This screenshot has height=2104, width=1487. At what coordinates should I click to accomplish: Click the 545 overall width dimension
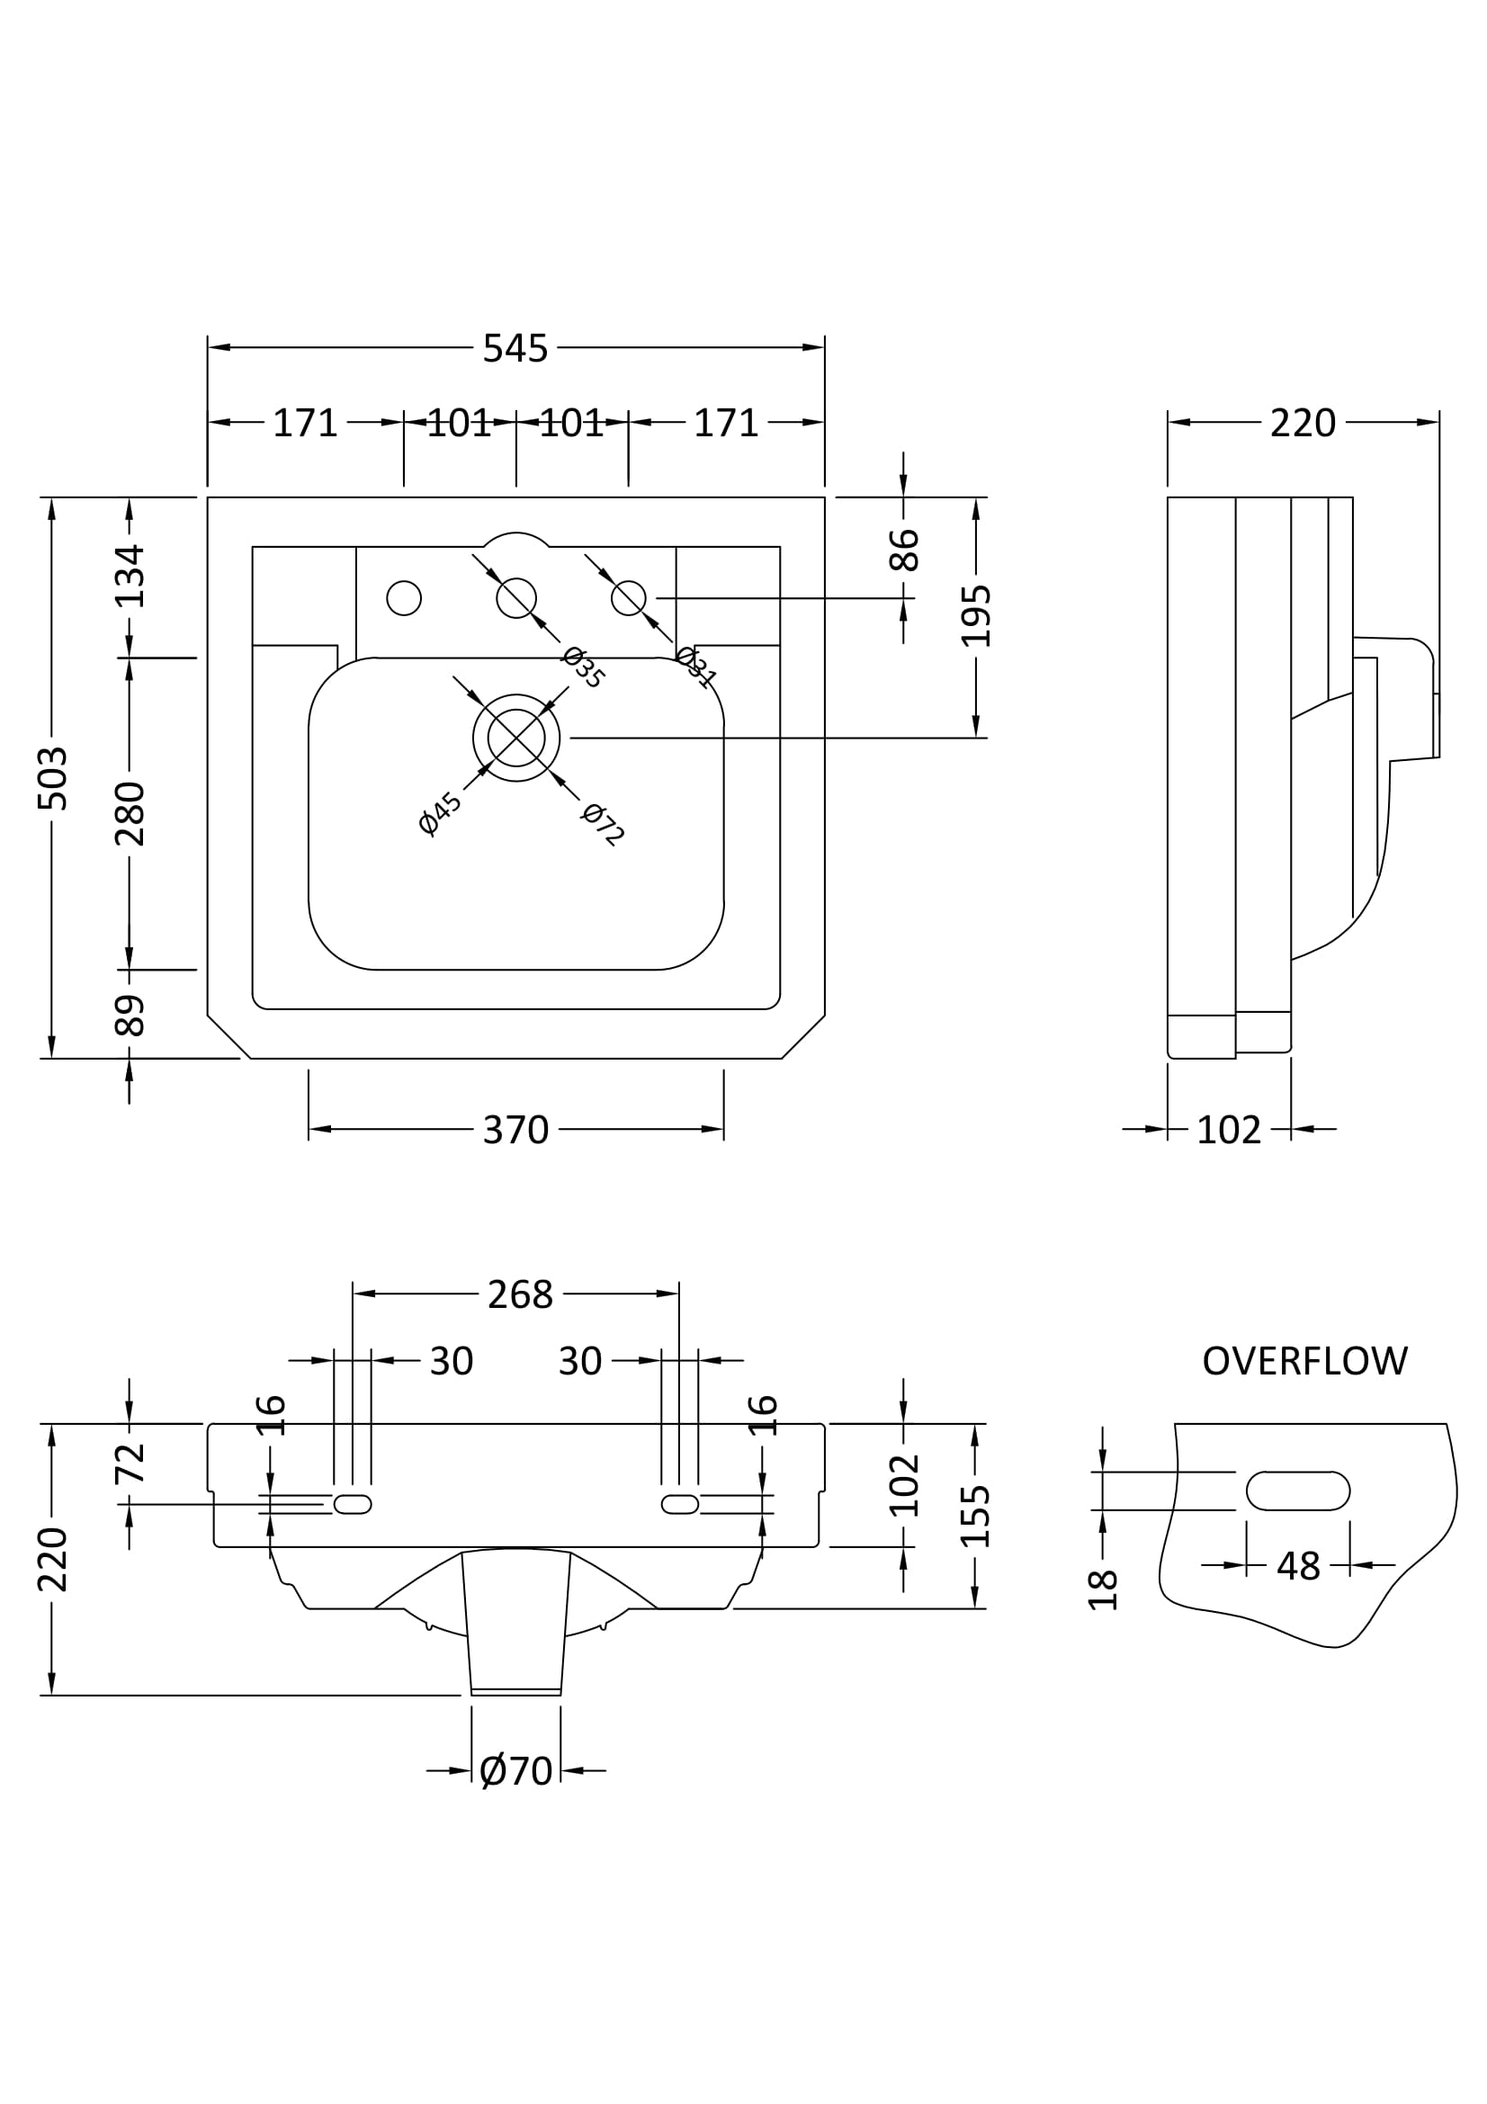coord(515,348)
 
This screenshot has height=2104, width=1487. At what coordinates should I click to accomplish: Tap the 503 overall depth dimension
coord(52,778)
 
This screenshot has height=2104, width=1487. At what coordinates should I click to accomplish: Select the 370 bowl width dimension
coord(515,1129)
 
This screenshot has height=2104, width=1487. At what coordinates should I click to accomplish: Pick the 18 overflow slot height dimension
coord(1102,1589)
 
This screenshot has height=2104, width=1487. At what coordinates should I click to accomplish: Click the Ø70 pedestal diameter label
coord(515,1770)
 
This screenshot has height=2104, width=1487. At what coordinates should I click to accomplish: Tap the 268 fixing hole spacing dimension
coord(519,1294)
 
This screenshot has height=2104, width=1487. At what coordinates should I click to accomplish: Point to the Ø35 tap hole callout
coord(584,667)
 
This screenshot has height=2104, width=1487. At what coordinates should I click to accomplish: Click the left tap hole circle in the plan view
coord(404,598)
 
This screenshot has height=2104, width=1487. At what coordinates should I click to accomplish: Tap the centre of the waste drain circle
coord(515,738)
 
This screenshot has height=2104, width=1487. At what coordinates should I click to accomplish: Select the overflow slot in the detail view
coord(1297,1491)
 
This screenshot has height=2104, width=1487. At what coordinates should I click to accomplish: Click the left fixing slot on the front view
coord(352,1504)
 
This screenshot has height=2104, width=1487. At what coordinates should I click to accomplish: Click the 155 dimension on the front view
coord(976,1516)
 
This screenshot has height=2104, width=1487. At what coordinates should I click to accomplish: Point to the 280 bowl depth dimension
coord(130,813)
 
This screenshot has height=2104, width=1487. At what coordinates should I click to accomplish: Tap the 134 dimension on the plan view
coord(130,576)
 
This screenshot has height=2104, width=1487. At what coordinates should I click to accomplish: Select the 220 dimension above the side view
coord(1302,423)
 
